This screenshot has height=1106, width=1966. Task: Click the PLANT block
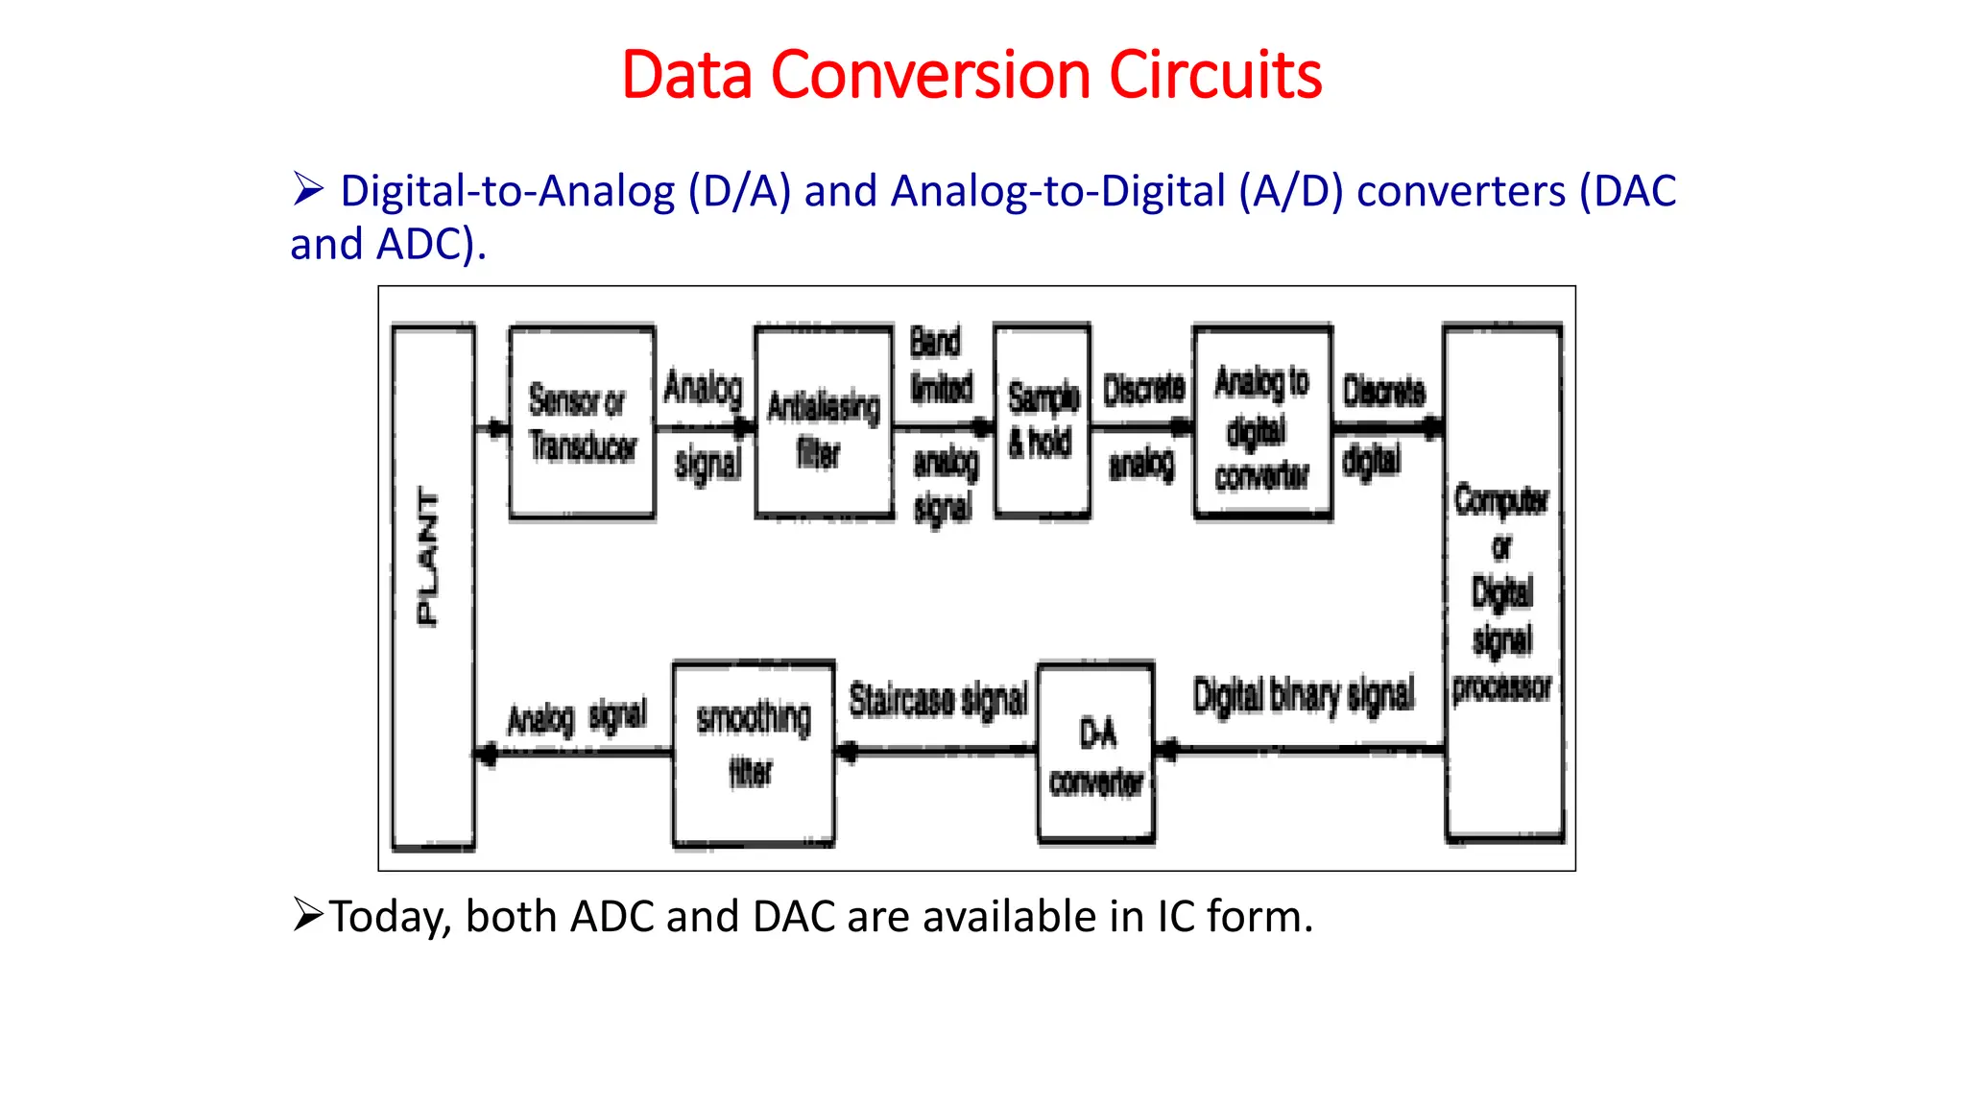433,588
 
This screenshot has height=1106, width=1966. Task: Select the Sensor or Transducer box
582,423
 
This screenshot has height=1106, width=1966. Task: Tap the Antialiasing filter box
824,423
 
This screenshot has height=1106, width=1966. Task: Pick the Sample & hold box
1043,421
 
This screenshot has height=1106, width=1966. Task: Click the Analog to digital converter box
1262,423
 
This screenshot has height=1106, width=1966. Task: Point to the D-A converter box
1096,754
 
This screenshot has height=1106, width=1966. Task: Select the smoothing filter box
754,754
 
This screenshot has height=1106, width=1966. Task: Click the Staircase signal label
938,700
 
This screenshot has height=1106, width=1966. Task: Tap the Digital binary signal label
1304,695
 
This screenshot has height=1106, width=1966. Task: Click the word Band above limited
935,342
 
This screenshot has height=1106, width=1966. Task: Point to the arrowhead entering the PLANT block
487,754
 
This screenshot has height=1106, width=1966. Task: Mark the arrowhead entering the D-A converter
1168,750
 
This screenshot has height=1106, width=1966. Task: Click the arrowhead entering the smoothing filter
847,752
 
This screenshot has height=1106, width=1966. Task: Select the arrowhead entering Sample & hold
983,427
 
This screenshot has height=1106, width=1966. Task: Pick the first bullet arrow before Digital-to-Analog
308,188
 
